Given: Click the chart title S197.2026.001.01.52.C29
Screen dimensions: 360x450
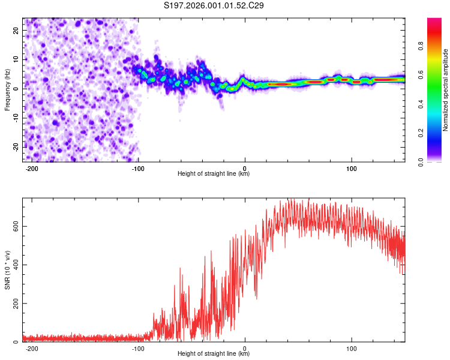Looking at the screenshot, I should [x=214, y=5].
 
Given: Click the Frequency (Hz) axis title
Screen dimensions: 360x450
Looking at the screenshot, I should [x=7, y=89].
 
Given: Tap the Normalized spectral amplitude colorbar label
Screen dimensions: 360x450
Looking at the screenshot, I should [x=446, y=89].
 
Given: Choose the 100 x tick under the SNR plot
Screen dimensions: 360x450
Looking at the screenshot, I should [x=352, y=348].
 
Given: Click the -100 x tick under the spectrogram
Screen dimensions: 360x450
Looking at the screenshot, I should [x=139, y=168].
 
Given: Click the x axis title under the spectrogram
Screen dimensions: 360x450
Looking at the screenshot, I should [x=214, y=174].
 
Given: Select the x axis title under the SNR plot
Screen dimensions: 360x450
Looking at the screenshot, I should [x=214, y=354].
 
